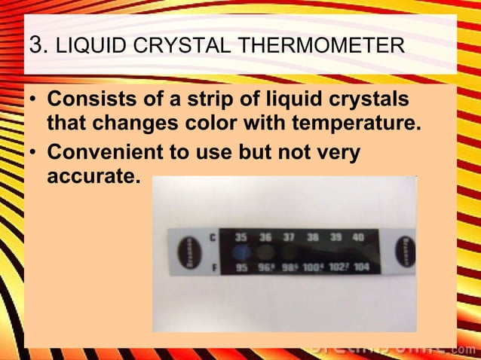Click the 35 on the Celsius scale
click(x=241, y=236)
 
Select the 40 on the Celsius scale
click(x=358, y=236)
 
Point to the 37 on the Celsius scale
click(x=288, y=236)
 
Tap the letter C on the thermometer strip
click(x=213, y=237)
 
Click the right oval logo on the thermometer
click(x=403, y=249)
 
